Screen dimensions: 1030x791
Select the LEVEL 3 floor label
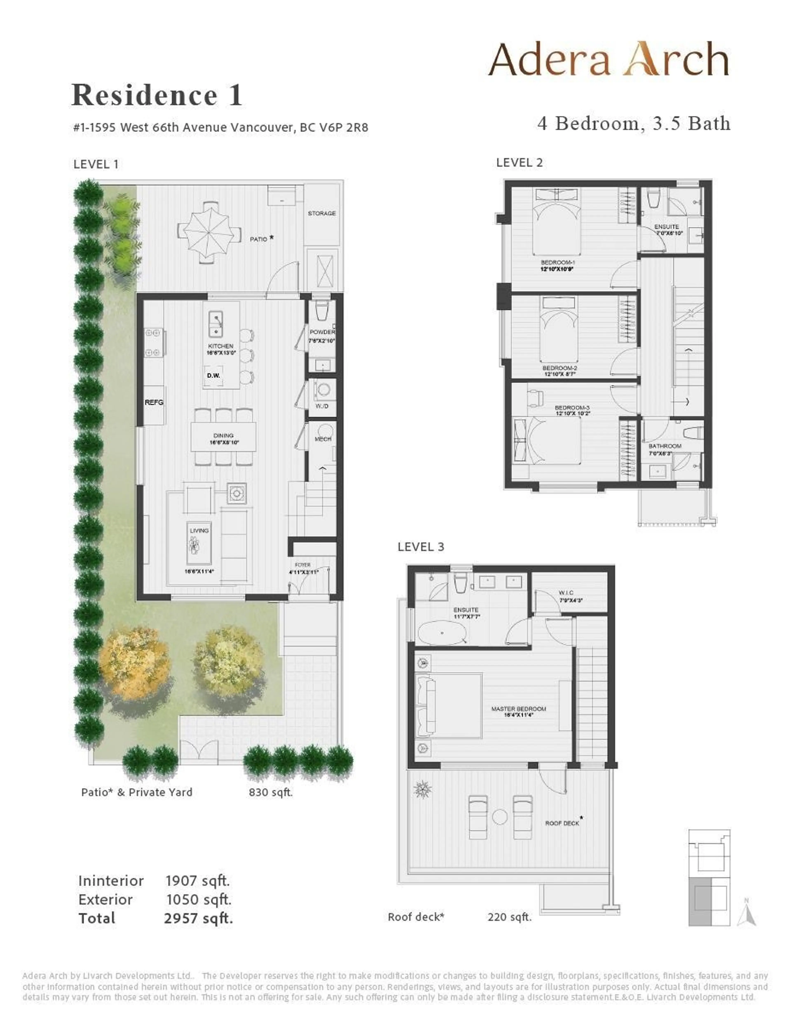tap(420, 547)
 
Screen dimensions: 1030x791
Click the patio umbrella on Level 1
tap(205, 232)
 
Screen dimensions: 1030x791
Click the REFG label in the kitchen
tap(154, 402)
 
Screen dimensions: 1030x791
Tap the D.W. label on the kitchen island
tap(213, 376)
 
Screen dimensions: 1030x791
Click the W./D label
tap(322, 406)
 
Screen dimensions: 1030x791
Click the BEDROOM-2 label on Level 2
tap(559, 368)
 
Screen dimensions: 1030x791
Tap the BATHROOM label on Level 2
tap(665, 446)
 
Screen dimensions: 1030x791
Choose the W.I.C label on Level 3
tap(566, 593)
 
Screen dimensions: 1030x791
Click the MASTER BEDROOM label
tap(518, 708)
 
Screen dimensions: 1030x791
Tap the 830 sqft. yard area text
tap(271, 792)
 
